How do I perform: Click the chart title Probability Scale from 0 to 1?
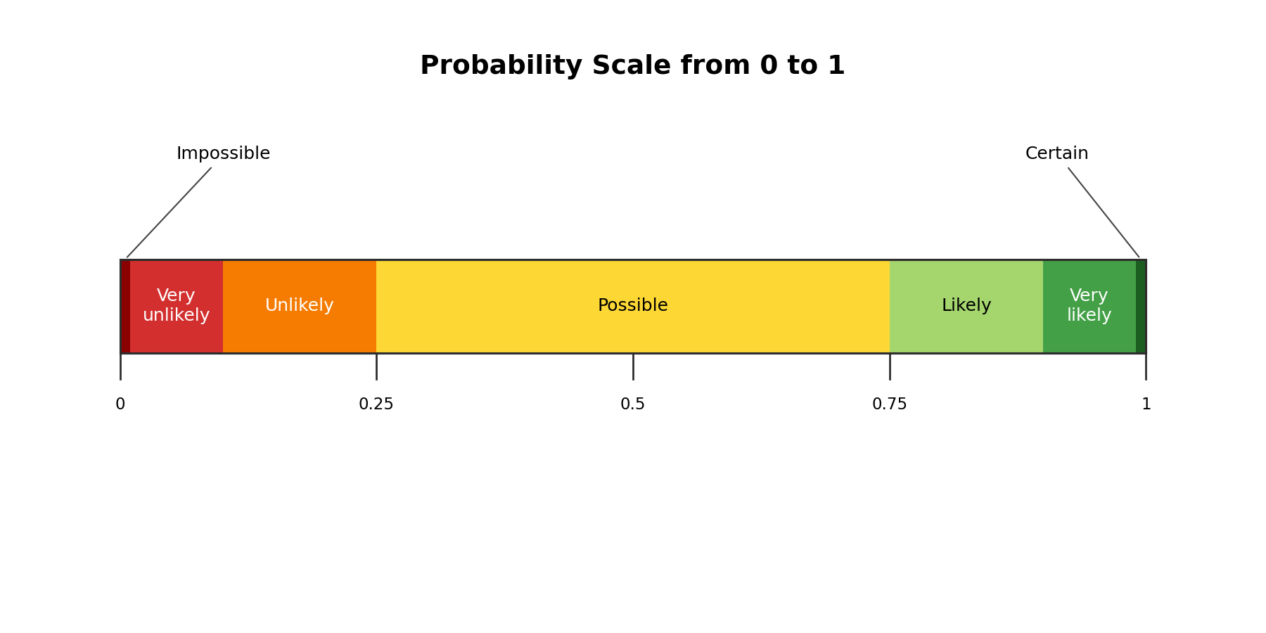(x=632, y=66)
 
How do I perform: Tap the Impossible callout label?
(x=223, y=153)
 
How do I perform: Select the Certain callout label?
(x=1056, y=153)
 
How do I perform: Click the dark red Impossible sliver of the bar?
(x=125, y=307)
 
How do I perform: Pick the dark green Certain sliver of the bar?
(x=1141, y=307)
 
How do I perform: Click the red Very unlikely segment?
(x=177, y=307)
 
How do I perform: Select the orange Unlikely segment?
(x=300, y=307)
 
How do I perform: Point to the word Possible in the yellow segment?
(x=633, y=305)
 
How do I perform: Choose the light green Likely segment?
(x=966, y=307)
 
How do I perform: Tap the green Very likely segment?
(x=1089, y=307)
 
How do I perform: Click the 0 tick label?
(x=120, y=404)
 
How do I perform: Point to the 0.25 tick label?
(x=376, y=404)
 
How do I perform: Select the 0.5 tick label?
(x=633, y=404)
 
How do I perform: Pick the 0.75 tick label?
(x=890, y=404)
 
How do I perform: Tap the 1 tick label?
(x=1146, y=404)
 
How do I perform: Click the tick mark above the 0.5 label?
(x=633, y=366)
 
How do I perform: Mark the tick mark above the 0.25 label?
(x=376, y=366)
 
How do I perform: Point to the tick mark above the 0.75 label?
(x=890, y=366)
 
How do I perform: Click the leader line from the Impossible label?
(x=169, y=212)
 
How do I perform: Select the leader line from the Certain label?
(x=1104, y=212)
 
